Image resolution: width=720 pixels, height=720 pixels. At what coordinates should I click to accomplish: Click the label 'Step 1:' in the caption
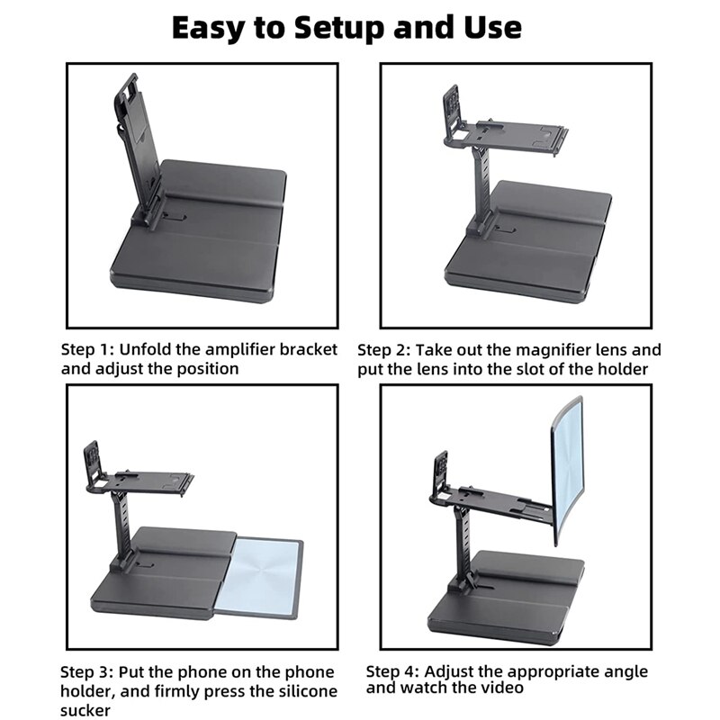(x=87, y=349)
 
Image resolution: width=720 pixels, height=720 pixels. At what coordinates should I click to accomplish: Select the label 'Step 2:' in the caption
(x=384, y=349)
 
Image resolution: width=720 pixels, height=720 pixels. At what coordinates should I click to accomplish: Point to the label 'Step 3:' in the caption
(x=87, y=672)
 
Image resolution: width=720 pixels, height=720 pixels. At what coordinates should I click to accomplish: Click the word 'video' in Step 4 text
(x=500, y=688)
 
